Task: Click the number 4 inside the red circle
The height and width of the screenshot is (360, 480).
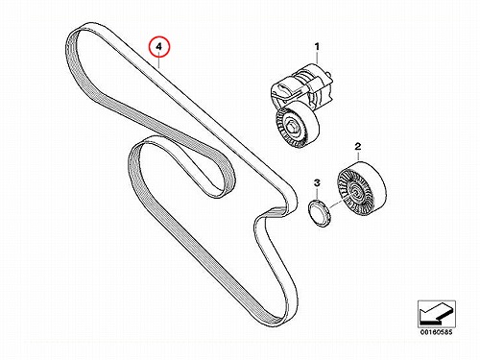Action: pyautogui.click(x=158, y=47)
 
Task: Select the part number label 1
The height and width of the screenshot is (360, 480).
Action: pyautogui.click(x=317, y=47)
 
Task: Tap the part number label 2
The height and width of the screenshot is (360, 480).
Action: pyautogui.click(x=358, y=147)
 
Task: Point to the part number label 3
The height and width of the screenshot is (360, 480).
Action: pyautogui.click(x=317, y=183)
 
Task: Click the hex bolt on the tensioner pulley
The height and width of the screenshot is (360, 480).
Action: pyautogui.click(x=293, y=127)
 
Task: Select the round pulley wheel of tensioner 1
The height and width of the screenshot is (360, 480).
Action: pyautogui.click(x=296, y=129)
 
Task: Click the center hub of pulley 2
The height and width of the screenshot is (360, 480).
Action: pyautogui.click(x=356, y=191)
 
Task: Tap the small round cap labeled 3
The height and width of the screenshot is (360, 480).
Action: pyautogui.click(x=319, y=212)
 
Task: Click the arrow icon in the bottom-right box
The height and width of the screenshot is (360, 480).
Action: pyautogui.click(x=436, y=314)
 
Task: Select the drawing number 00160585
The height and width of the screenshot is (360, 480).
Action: pyautogui.click(x=436, y=332)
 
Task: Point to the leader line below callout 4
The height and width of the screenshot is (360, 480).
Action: pyautogui.click(x=158, y=62)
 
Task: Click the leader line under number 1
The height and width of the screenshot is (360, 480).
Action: pyautogui.click(x=317, y=58)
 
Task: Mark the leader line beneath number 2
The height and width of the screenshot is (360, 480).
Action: pyautogui.click(x=358, y=156)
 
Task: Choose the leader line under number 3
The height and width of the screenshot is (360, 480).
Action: pyautogui.click(x=317, y=193)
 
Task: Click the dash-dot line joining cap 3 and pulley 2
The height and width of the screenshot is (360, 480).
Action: pyautogui.click(x=337, y=204)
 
